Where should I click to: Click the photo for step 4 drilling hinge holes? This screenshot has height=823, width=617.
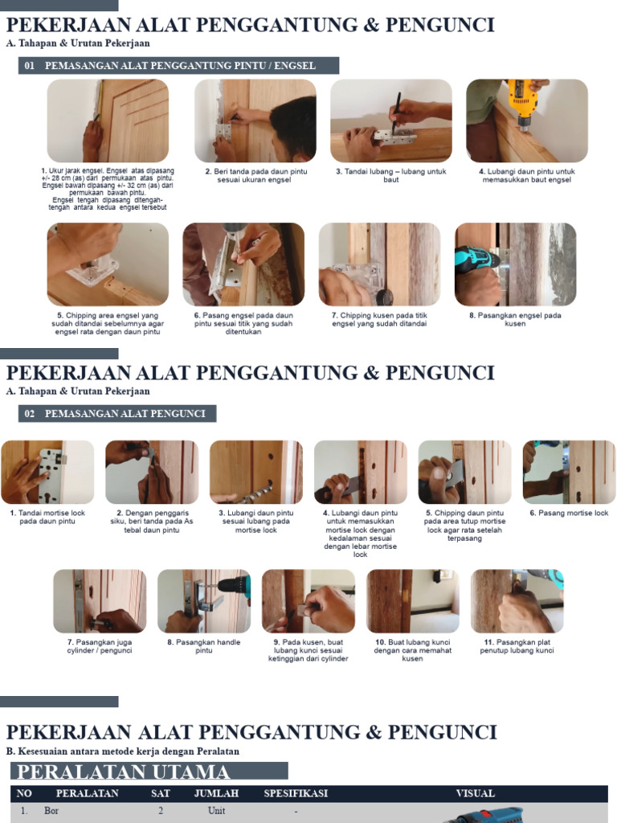click(527, 121)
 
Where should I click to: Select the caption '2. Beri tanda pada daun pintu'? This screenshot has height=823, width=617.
click(255, 176)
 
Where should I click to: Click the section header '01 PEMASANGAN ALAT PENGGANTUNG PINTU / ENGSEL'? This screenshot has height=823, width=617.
click(178, 66)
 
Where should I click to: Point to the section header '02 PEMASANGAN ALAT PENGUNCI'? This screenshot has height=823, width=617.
click(117, 414)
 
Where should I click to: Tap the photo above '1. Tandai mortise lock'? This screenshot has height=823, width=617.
click(47, 473)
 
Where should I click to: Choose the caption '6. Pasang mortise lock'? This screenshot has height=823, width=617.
click(569, 513)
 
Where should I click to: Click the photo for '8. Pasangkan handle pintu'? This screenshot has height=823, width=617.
click(204, 601)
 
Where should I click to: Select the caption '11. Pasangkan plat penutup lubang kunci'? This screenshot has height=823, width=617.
click(517, 647)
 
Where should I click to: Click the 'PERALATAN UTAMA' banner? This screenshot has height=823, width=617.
click(149, 772)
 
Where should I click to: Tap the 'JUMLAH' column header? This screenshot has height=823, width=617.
click(216, 793)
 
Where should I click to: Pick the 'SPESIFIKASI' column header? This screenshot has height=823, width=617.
click(296, 793)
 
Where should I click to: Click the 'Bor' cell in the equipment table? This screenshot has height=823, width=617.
click(52, 812)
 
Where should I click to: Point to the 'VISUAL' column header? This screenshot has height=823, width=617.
click(476, 793)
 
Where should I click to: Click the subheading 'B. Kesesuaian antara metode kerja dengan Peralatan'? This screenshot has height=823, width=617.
click(123, 751)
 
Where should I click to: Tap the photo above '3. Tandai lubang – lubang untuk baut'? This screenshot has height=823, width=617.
click(391, 121)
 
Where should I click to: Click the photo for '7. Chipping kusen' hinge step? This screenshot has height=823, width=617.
click(379, 264)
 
